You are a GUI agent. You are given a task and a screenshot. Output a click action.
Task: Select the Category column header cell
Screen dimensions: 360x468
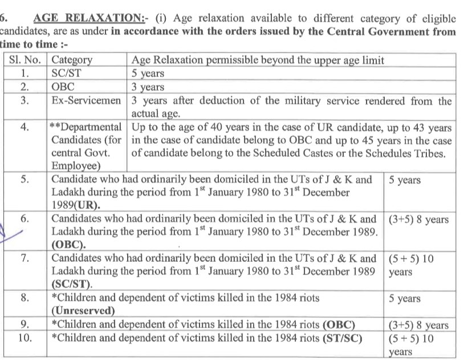(72, 60)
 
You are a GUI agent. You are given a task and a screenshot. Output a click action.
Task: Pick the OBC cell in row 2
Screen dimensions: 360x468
(63, 87)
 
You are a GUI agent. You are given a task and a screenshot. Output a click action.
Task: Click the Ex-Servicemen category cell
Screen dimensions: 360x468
(86, 102)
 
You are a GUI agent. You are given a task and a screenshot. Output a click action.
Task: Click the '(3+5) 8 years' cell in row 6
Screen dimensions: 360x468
(418, 220)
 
